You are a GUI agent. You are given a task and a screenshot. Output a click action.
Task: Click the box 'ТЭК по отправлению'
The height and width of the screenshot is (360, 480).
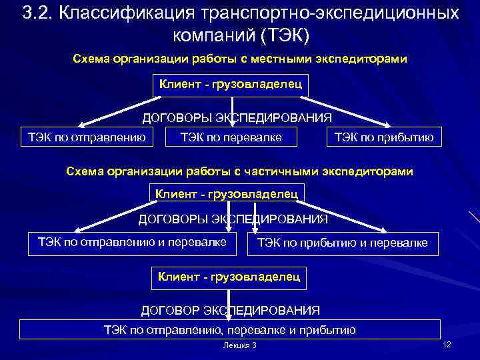(86, 138)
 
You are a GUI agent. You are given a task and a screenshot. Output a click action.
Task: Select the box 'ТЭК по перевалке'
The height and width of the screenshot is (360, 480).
(231, 138)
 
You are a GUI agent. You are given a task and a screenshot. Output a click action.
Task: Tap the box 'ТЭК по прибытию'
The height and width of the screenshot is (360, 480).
(384, 138)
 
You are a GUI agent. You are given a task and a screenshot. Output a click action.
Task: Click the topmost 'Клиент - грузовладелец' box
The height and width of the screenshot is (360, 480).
(230, 85)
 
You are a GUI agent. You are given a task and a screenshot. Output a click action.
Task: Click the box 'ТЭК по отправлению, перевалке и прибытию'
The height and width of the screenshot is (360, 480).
(230, 329)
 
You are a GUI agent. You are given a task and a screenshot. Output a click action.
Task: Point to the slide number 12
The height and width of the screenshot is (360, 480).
(447, 343)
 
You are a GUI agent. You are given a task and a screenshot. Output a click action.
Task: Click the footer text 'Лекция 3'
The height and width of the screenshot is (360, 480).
(240, 345)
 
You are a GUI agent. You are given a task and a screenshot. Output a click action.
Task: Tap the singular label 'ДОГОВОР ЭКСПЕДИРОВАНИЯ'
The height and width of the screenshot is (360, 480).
(230, 311)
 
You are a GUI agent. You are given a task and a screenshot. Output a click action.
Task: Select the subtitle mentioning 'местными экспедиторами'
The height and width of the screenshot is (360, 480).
(239, 59)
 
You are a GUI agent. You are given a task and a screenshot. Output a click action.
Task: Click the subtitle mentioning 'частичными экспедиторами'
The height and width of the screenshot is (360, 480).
(239, 171)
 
